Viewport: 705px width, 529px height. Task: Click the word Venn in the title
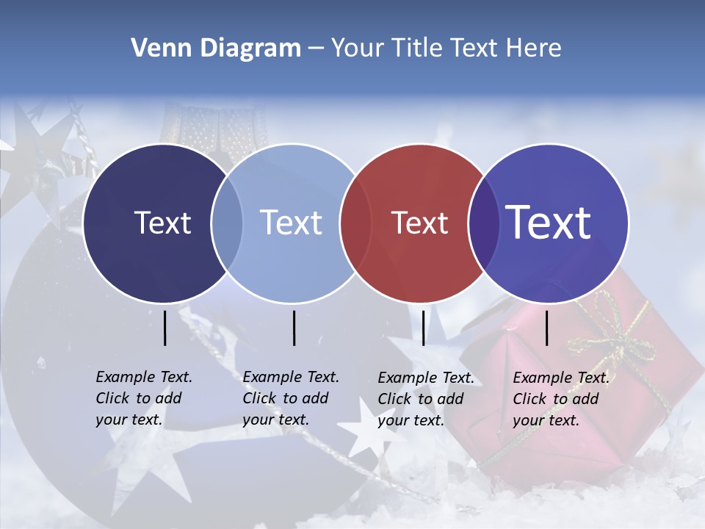pyautogui.click(x=159, y=48)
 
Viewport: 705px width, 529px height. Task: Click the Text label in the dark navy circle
pyautogui.click(x=162, y=223)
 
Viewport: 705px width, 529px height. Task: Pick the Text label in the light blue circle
pyautogui.click(x=291, y=223)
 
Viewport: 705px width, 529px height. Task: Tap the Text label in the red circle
pyautogui.click(x=419, y=223)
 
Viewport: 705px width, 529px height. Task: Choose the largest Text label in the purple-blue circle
pyautogui.click(x=548, y=223)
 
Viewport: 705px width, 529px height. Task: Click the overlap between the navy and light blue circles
pyautogui.click(x=227, y=223)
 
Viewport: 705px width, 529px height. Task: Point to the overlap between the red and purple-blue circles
pyautogui.click(x=483, y=223)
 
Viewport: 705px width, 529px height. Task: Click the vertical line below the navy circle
pyautogui.click(x=165, y=328)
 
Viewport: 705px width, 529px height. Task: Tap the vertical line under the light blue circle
pyautogui.click(x=294, y=328)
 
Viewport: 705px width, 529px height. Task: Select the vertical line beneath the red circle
pyautogui.click(x=423, y=328)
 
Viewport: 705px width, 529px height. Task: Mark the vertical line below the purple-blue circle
pyautogui.click(x=546, y=328)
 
